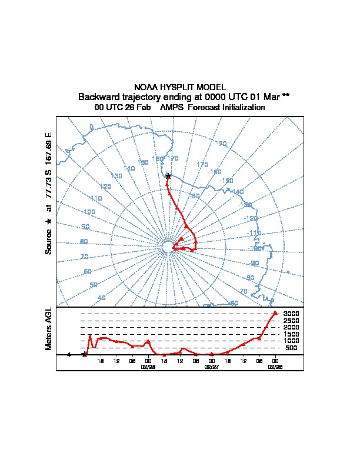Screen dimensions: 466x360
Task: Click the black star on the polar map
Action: tap(168, 176)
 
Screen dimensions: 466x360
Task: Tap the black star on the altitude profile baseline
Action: tap(85, 355)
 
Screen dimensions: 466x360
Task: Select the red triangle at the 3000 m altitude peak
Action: tap(275, 313)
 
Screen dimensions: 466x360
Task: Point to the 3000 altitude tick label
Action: tap(291, 314)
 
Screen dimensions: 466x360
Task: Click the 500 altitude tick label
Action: tap(291, 348)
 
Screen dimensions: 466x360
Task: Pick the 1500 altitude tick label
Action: tap(291, 334)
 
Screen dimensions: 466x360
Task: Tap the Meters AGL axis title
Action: tap(49, 328)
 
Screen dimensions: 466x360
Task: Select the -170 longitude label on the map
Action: tap(201, 165)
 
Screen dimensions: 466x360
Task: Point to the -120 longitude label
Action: tap(250, 218)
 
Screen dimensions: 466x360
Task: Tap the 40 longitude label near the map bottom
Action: tap(102, 298)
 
